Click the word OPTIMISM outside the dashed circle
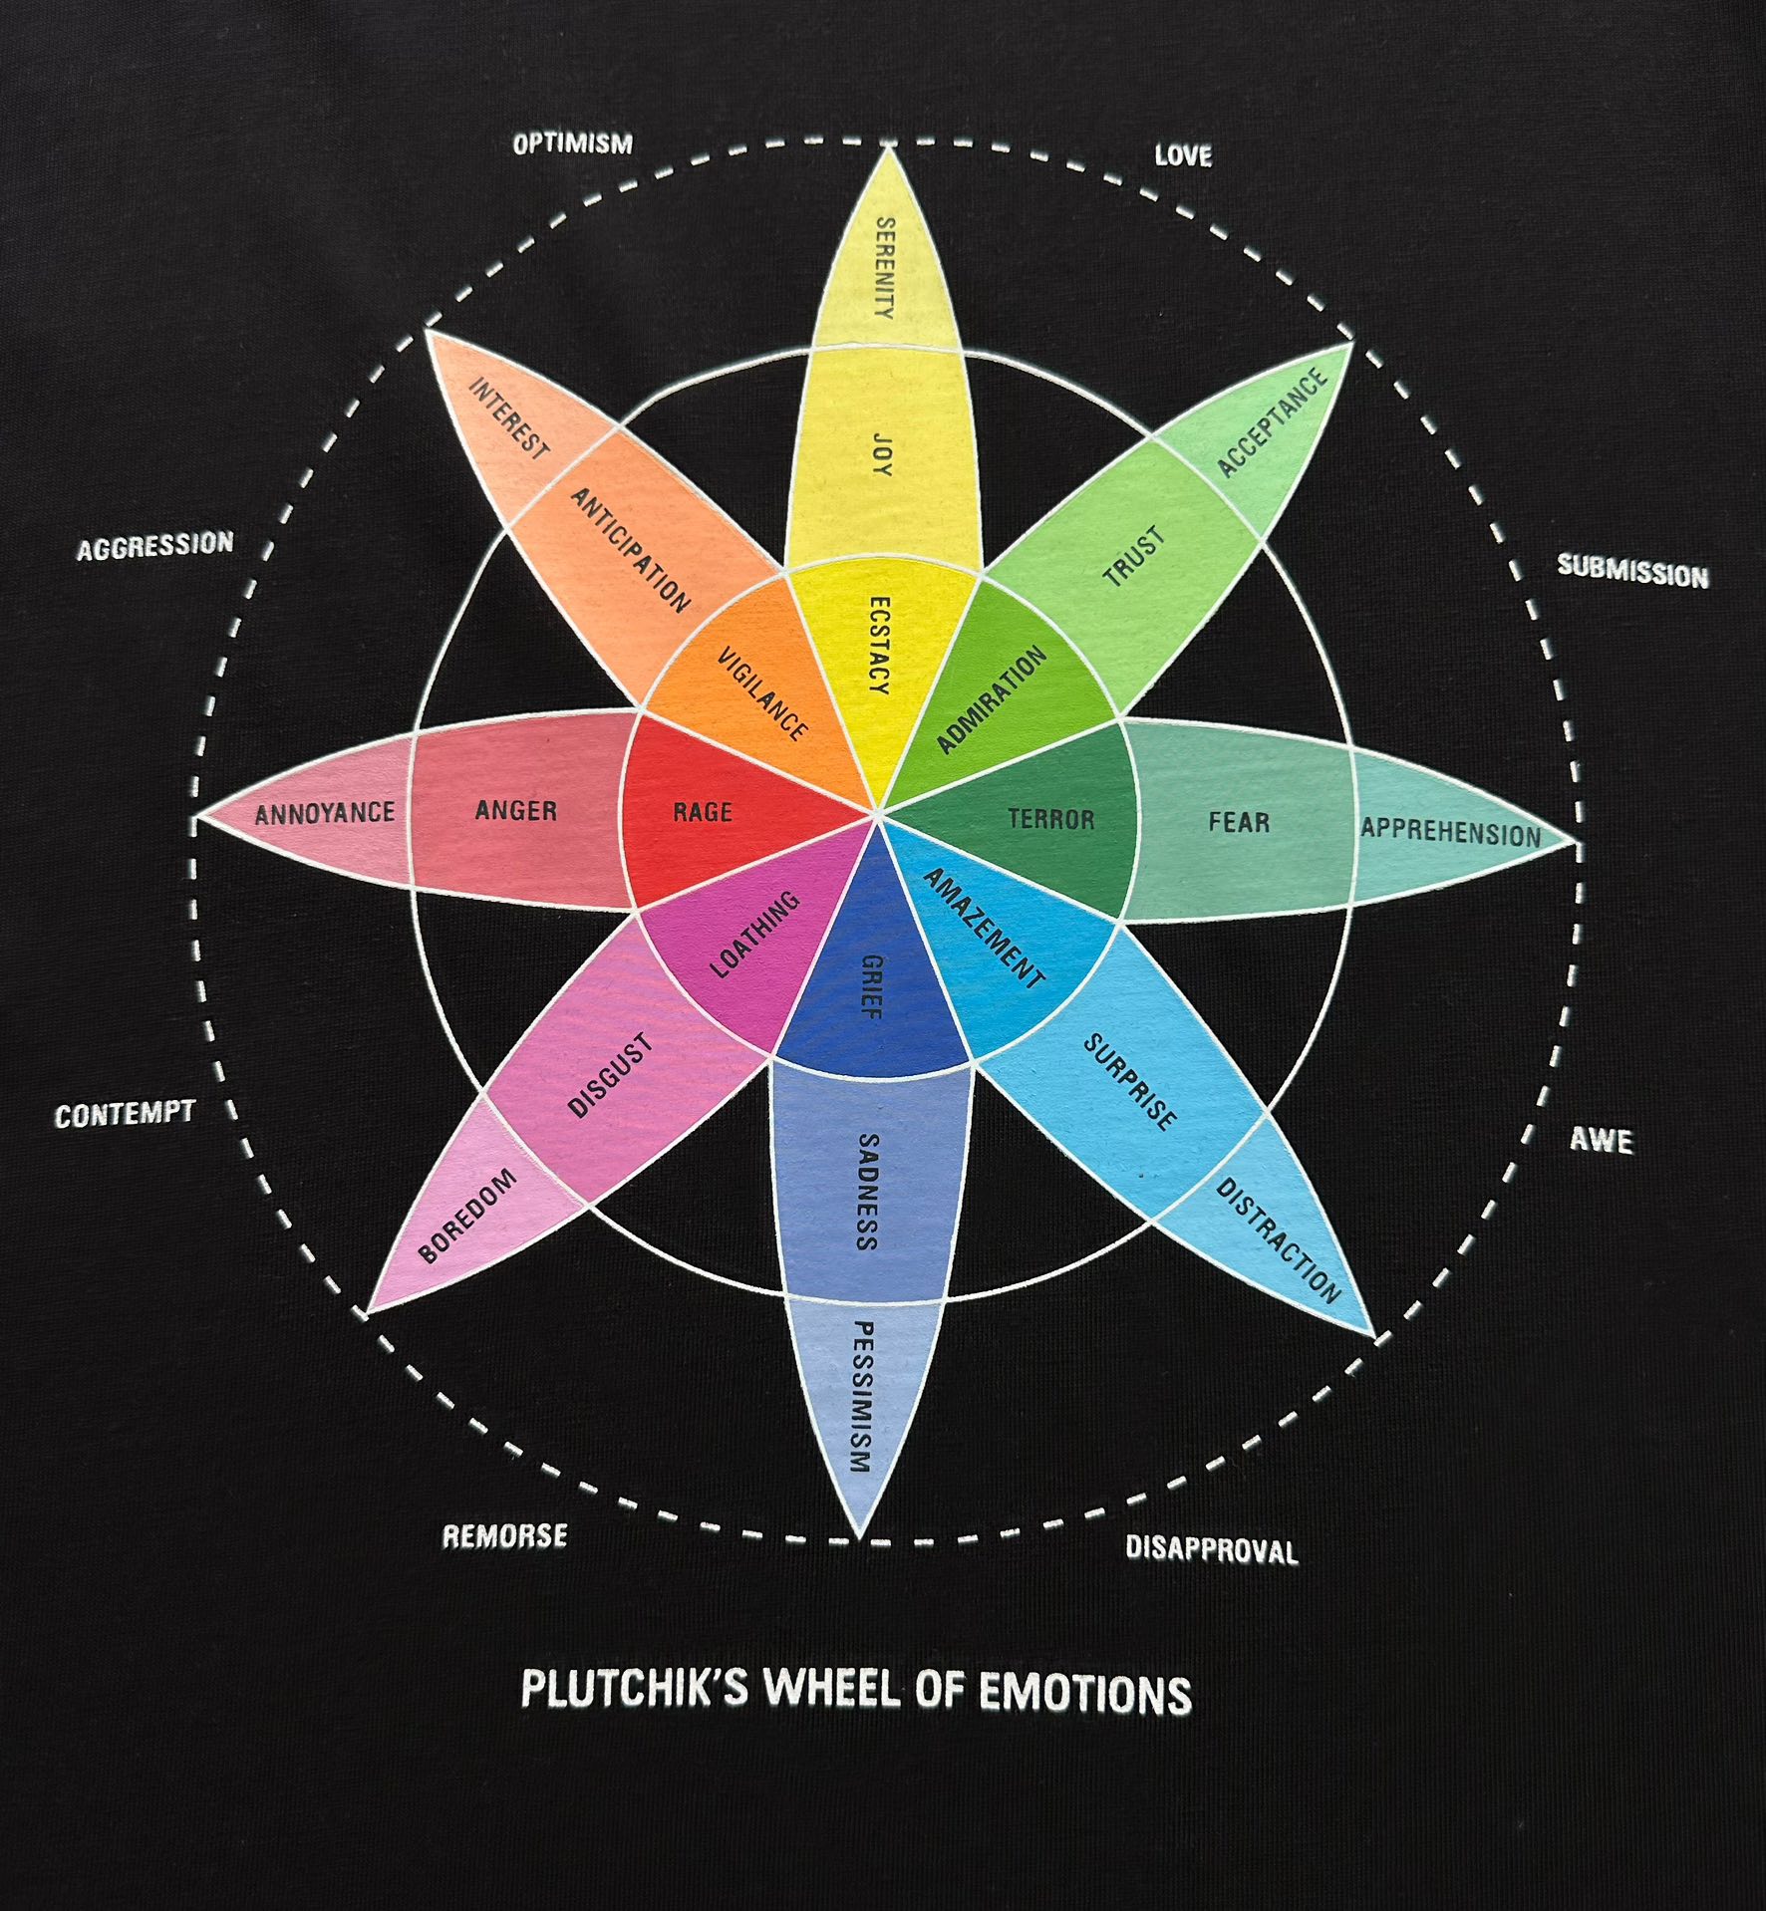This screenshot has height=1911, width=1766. click(572, 144)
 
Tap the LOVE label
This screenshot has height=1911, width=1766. click(1183, 155)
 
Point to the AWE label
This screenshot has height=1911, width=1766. click(1602, 1139)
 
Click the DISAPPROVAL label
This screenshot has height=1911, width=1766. click(1211, 1549)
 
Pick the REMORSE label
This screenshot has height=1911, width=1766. click(504, 1535)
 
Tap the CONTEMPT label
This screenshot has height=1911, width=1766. click(125, 1114)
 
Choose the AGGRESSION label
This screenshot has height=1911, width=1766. click(155, 546)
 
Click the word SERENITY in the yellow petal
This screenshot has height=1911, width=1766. click(884, 267)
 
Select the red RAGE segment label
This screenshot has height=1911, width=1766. click(703, 812)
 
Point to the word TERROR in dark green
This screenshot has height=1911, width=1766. click(1050, 819)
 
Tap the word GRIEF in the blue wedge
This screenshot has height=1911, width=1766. click(871, 986)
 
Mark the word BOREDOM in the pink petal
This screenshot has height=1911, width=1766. click(468, 1215)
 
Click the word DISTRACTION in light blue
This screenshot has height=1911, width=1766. click(1278, 1239)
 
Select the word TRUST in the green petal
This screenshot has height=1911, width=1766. click(1134, 557)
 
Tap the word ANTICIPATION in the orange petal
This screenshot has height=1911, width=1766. click(629, 550)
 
